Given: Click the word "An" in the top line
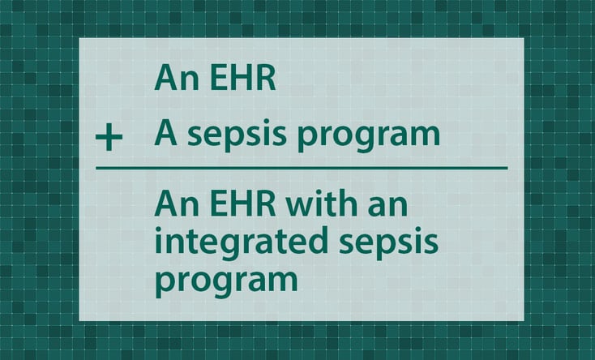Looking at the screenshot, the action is tap(177, 78).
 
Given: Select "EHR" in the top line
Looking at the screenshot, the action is tap(242, 78).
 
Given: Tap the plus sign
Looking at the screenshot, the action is tap(109, 137).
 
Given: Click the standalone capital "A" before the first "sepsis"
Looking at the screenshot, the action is tap(166, 133).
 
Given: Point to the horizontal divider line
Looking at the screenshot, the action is tap(302, 168).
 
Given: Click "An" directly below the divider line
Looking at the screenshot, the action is tap(177, 204).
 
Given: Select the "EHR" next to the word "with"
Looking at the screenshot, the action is tap(242, 204).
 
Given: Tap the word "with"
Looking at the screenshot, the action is tap(322, 204).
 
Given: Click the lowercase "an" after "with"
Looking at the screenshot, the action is tap(387, 207).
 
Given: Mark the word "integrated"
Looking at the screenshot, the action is tap(242, 244).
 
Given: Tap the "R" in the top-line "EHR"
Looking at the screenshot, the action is tap(267, 78).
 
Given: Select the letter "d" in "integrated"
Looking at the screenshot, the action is tap(318, 240).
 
